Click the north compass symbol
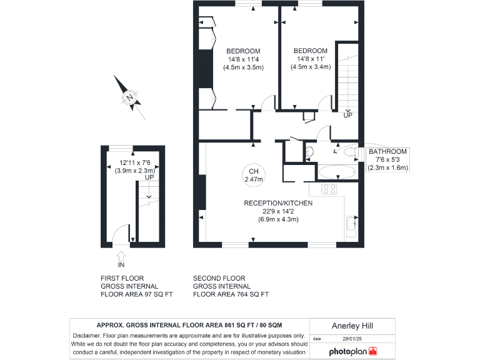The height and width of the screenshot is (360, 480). click(130, 97)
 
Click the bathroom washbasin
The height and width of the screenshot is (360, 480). click(310, 152)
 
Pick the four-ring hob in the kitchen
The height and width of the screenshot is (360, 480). click(329, 189)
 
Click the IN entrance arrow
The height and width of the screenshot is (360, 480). click(121, 256)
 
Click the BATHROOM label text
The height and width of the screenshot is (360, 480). click(387, 152)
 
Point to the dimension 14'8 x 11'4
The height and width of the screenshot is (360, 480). click(243, 59)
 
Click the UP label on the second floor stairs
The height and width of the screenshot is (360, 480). click(347, 115)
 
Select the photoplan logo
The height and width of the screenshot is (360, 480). click(354, 352)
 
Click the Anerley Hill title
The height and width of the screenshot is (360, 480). click(354, 325)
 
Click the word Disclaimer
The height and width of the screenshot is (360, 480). click(86, 336)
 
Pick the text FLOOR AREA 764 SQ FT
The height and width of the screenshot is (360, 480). click(231, 294)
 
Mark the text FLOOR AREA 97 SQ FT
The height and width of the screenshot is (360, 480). click(136, 294)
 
